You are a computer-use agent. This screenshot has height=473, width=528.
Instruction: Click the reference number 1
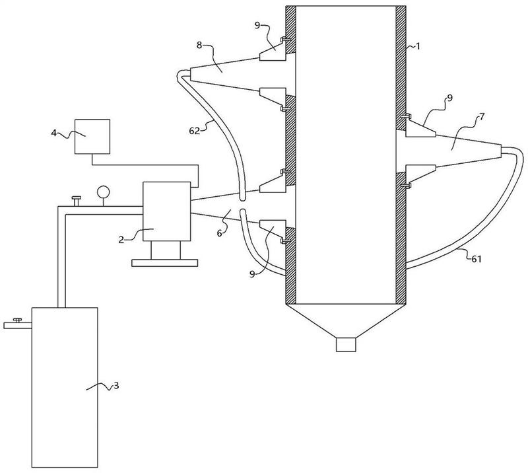click(x=418, y=46)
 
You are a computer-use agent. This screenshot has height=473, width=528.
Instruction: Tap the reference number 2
click(x=121, y=240)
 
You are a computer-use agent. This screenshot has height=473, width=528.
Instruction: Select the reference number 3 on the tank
click(x=116, y=385)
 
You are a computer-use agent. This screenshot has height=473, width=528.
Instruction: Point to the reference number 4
click(x=54, y=133)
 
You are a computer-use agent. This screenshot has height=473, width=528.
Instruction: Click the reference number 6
click(x=219, y=233)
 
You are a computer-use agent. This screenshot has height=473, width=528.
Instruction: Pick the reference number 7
click(x=482, y=118)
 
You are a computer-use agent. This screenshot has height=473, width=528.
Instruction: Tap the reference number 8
click(x=199, y=45)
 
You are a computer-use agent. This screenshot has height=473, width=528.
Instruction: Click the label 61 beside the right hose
click(x=476, y=259)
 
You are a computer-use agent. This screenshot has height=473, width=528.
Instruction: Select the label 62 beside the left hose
click(x=194, y=131)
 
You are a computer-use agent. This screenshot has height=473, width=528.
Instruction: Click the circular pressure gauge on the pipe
click(x=103, y=192)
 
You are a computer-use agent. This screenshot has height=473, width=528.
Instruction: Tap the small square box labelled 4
click(x=92, y=137)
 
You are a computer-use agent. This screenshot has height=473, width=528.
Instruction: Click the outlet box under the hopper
click(x=346, y=345)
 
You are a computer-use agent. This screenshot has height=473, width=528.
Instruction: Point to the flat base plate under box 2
click(x=164, y=263)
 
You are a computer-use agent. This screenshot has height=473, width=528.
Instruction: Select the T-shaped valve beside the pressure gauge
click(x=77, y=201)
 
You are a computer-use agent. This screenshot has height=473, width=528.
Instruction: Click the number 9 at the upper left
click(x=257, y=26)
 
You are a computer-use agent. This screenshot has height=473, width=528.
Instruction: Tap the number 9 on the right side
click(x=449, y=98)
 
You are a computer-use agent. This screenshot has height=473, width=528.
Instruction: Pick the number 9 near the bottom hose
click(x=252, y=274)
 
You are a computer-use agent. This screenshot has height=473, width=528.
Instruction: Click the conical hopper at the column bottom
click(x=346, y=320)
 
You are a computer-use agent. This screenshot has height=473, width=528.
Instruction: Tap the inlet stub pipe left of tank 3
click(x=18, y=325)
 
